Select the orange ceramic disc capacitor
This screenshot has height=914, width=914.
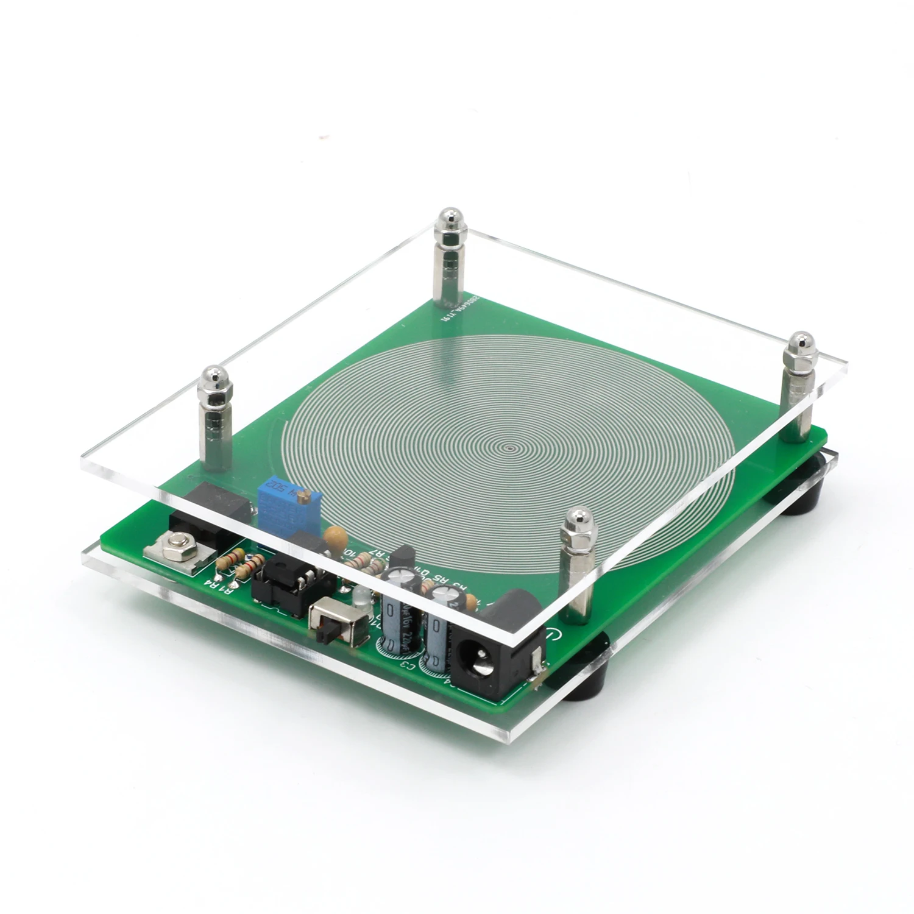pos(336,538)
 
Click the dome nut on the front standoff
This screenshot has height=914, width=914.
pos(575,520)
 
